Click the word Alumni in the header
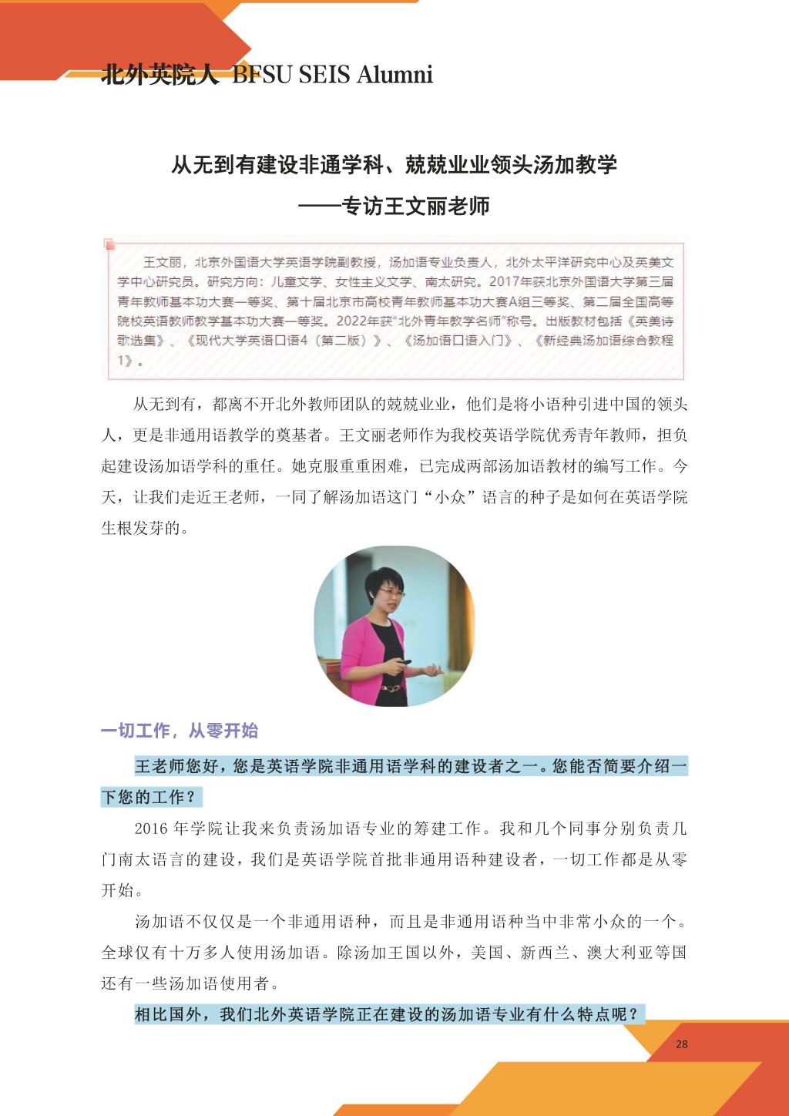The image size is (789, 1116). tap(394, 75)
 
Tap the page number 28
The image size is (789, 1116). tap(681, 1044)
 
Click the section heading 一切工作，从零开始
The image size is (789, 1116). tap(180, 731)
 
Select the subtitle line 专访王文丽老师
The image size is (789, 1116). tap(416, 207)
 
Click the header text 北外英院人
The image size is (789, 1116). tap(160, 75)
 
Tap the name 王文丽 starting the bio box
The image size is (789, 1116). tap(161, 262)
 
